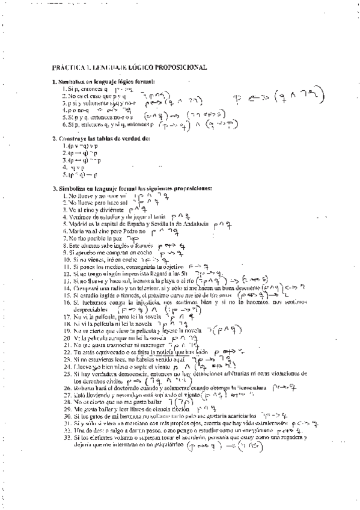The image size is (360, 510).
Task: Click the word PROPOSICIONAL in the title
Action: click(x=181, y=68)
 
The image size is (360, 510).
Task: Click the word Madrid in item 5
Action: click(x=76, y=223)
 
